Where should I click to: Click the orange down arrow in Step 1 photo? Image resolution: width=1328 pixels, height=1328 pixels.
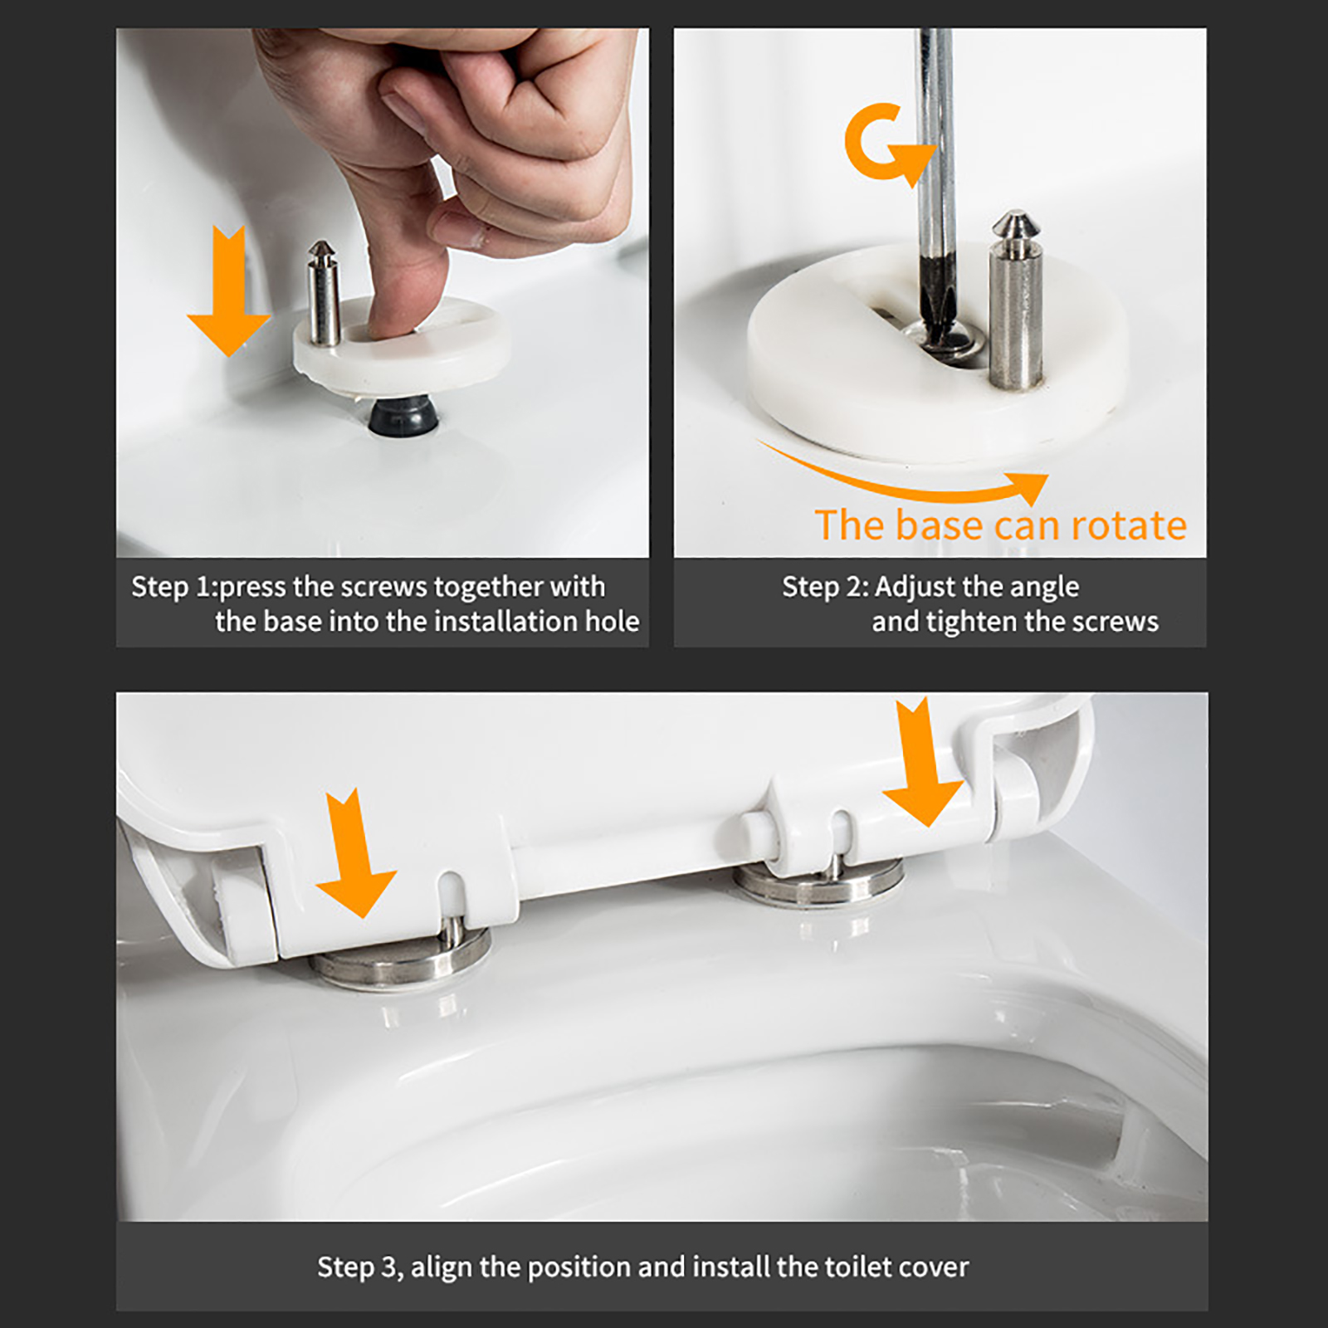tap(228, 290)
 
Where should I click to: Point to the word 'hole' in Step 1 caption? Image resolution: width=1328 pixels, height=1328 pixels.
tap(613, 621)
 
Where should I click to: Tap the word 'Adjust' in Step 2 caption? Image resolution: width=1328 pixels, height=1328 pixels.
tap(915, 588)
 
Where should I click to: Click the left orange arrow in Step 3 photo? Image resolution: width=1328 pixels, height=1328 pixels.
tap(355, 853)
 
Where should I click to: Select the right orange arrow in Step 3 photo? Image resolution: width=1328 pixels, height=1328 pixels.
tap(923, 762)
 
